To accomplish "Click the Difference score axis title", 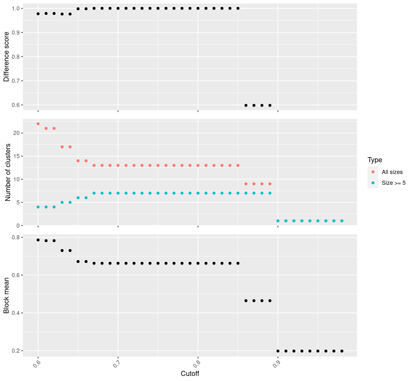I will (6, 57).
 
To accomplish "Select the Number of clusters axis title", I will (8, 172).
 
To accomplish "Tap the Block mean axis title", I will (6, 296).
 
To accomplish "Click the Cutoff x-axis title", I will (190, 374).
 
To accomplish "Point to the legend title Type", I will (375, 160).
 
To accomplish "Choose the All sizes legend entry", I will (392, 172).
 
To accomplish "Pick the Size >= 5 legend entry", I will (394, 183).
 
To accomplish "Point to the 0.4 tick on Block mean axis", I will (16, 313).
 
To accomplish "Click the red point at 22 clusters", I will (38, 124).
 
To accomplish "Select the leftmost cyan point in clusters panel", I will (38, 207).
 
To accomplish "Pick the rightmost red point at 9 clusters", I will (270, 184).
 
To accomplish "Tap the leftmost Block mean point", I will (38, 240).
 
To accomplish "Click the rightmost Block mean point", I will (342, 351).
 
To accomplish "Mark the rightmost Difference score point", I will (270, 105).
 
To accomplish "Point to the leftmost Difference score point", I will (38, 14).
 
